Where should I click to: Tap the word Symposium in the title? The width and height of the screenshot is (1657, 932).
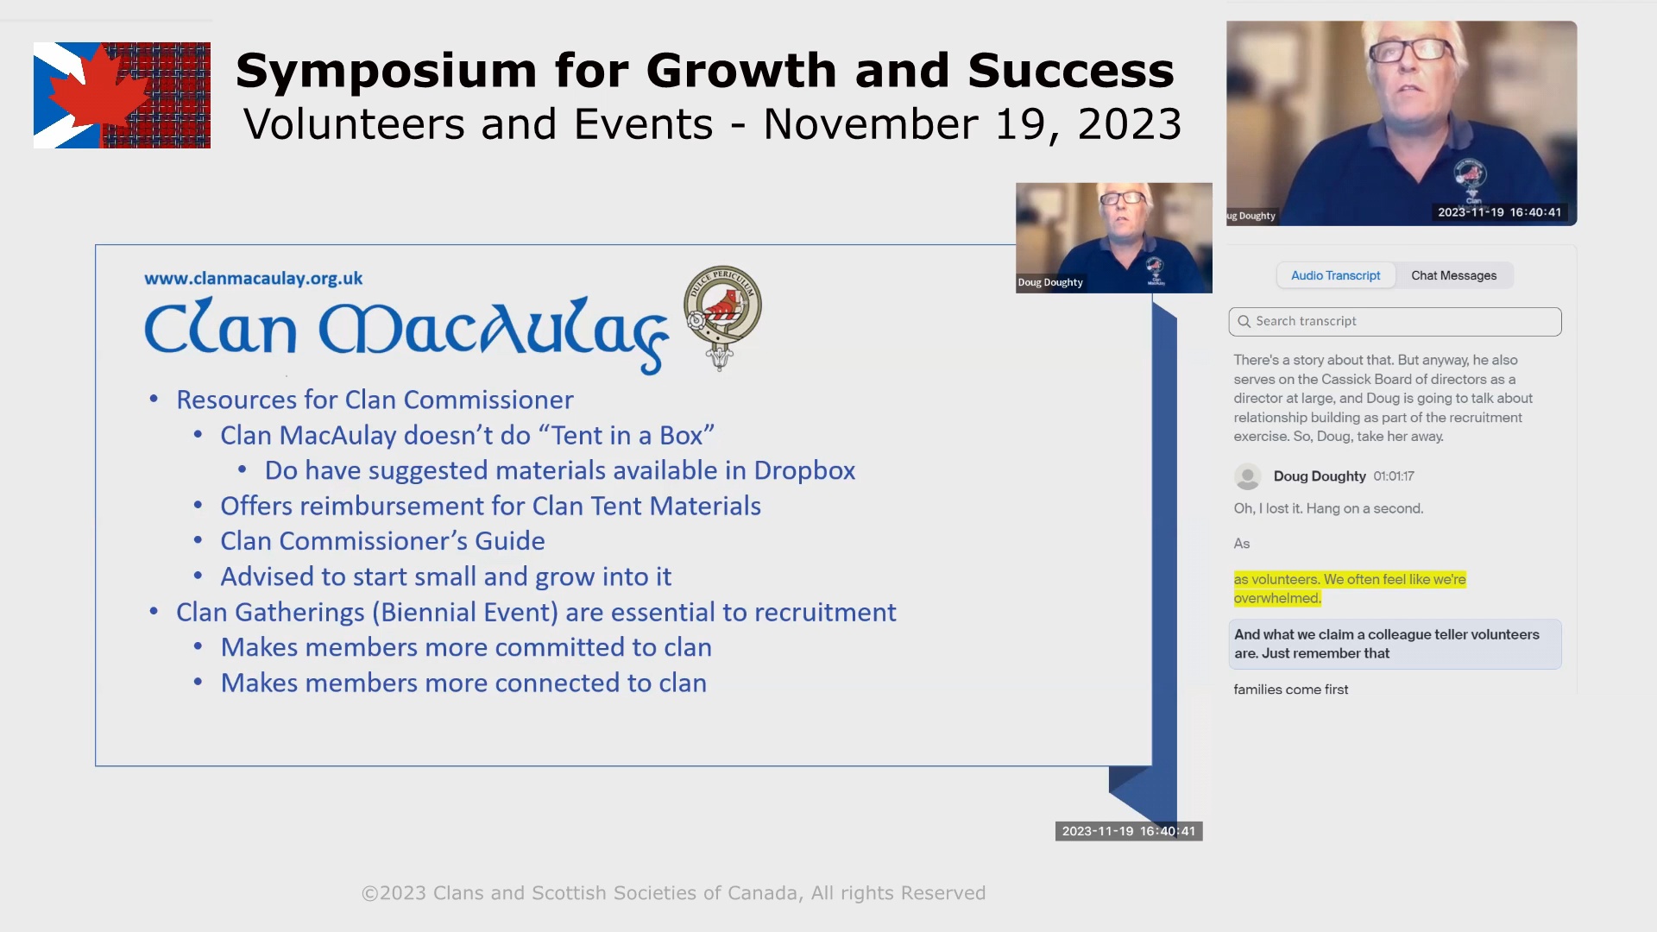pos(386,72)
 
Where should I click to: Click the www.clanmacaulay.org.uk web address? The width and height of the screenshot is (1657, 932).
pos(253,279)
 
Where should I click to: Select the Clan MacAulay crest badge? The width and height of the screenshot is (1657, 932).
pos(722,318)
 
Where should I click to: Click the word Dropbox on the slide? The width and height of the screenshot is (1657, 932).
pos(804,470)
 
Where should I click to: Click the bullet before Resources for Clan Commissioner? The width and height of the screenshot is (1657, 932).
pos(154,399)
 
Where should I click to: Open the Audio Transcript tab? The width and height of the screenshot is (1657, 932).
pos(1335,275)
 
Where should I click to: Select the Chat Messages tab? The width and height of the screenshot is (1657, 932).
pos(1453,275)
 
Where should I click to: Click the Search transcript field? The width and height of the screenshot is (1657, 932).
pos(1395,321)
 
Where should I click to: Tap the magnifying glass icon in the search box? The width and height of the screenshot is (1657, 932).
pos(1244,321)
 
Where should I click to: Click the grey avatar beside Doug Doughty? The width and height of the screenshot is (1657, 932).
pos(1247,476)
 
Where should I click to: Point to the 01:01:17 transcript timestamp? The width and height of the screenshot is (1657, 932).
pos(1393,476)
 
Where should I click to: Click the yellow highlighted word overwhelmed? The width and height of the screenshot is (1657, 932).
pos(1276,598)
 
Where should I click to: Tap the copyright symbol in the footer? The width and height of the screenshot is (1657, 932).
pos(369,893)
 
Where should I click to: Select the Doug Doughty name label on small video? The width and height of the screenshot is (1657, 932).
pos(1049,282)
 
